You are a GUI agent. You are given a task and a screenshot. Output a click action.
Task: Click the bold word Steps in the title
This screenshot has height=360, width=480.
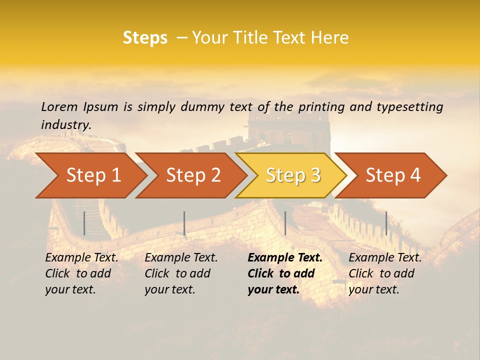click(x=145, y=38)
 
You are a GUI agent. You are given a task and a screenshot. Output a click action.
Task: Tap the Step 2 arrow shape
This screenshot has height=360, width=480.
click(x=192, y=175)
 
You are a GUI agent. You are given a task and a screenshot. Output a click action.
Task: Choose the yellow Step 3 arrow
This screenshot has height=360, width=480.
click(x=292, y=175)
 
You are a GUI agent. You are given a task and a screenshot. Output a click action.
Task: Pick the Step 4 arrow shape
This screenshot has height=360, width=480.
click(x=392, y=175)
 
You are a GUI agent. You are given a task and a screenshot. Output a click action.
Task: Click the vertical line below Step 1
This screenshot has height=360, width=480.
click(x=84, y=223)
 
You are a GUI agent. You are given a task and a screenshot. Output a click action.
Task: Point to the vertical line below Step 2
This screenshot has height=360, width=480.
click(x=184, y=223)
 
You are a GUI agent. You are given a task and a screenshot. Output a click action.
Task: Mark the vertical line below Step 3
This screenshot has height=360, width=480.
click(x=285, y=223)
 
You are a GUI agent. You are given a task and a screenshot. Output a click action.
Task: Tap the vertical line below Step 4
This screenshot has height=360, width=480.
click(x=386, y=223)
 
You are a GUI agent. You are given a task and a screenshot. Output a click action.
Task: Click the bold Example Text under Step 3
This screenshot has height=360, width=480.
click(x=285, y=258)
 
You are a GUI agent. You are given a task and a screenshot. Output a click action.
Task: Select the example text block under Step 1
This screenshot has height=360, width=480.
click(x=81, y=273)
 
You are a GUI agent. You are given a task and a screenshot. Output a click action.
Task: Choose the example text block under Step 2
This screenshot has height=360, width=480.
click(x=181, y=273)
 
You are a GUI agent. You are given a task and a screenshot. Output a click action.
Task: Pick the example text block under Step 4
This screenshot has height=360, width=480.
click(x=385, y=273)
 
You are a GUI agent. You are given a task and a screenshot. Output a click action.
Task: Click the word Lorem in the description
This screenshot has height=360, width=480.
click(x=59, y=106)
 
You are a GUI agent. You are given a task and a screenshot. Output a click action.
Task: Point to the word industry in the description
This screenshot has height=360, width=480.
click(x=66, y=125)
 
